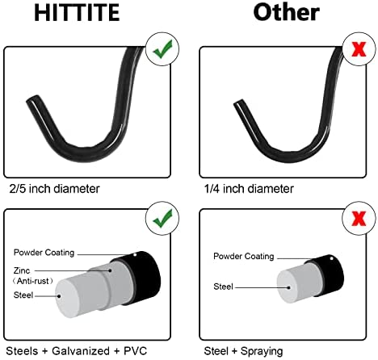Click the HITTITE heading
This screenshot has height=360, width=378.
tap(77, 13)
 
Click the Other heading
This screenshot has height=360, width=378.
tap(287, 12)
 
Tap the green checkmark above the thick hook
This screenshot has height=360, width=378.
tap(162, 49)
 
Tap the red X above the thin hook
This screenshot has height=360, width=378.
tap(359, 49)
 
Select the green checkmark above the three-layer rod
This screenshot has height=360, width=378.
tap(162, 218)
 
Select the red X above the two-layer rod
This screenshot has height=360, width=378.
tap(359, 218)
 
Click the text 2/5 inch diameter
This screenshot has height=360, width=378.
tap(54, 189)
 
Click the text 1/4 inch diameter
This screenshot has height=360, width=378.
tap(249, 189)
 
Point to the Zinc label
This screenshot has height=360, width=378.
tap(22, 270)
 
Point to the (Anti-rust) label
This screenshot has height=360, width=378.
tap(32, 281)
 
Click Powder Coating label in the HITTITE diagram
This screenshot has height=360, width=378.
tap(44, 253)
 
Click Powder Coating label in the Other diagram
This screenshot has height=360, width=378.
tap(244, 256)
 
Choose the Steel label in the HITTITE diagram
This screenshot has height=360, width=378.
tap(23, 295)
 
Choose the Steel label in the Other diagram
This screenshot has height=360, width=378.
tap(223, 287)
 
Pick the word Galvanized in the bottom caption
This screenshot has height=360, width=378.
tap(81, 351)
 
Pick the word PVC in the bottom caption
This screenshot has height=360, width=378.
tap(136, 351)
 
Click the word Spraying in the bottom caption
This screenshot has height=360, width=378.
tap(262, 351)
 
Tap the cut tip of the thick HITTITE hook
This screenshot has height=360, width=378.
tap(33, 99)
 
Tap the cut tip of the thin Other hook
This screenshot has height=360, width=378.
tap(239, 103)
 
